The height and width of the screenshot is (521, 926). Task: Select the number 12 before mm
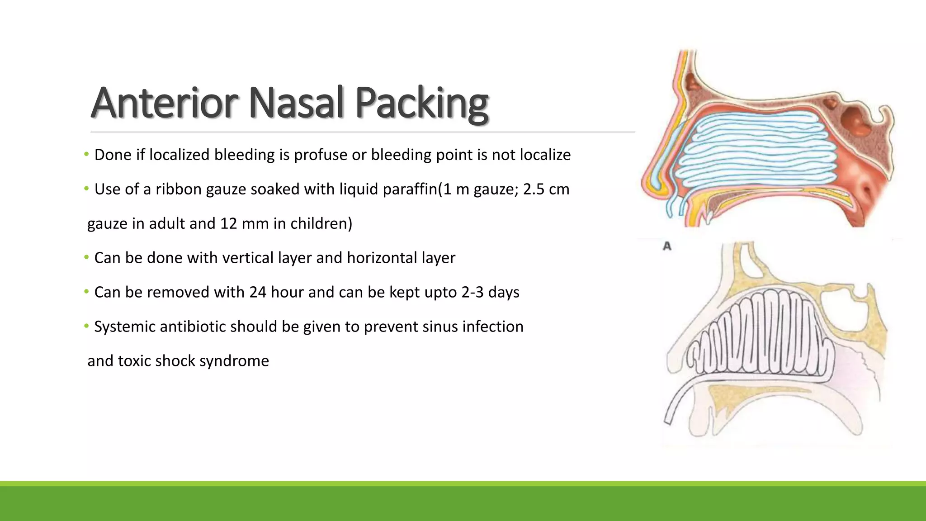[229, 224]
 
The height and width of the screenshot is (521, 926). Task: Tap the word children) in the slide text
[321, 224]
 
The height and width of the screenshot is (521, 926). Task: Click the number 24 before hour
[257, 293]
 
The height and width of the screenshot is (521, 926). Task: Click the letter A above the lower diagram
[667, 246]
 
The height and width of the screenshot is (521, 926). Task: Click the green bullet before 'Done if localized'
[86, 155]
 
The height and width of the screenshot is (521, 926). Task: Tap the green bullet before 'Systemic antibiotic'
[86, 327]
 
